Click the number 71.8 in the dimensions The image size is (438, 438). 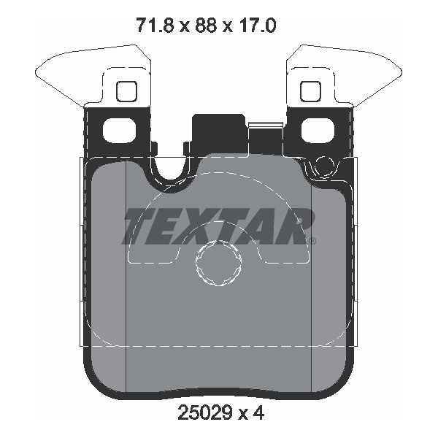pyautogui.click(x=155, y=25)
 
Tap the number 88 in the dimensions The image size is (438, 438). pyautogui.click(x=206, y=25)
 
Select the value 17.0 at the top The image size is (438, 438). pyautogui.click(x=257, y=25)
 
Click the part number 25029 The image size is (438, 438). pyautogui.click(x=205, y=412)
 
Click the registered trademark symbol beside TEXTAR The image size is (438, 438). pyautogui.click(x=313, y=241)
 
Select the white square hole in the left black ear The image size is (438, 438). pyautogui.click(x=120, y=130)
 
